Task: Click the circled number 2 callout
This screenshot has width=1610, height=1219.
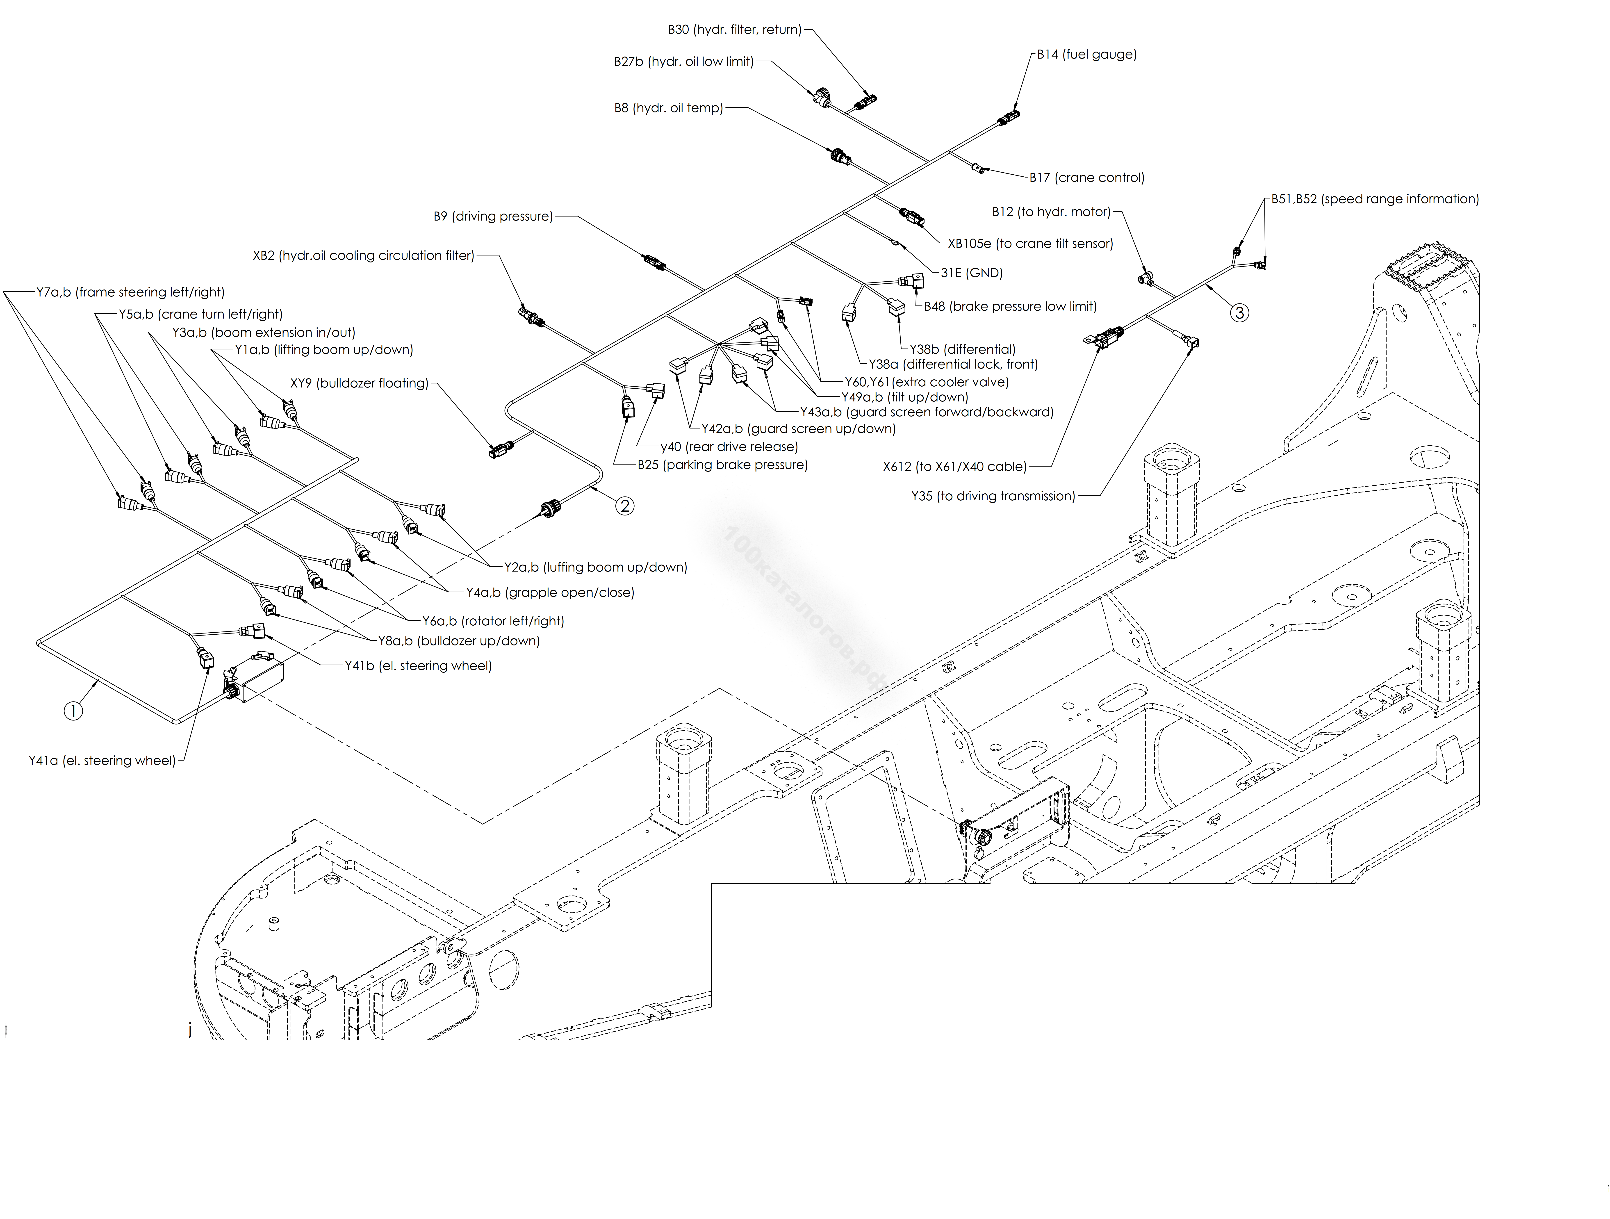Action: [x=624, y=506]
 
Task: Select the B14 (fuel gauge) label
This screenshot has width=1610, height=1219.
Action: [x=1087, y=55]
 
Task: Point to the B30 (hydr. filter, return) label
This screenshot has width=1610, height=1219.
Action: [x=734, y=30]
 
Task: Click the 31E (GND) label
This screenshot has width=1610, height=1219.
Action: [x=972, y=273]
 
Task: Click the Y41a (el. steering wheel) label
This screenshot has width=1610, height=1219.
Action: [x=102, y=761]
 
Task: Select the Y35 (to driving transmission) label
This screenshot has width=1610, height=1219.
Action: [x=993, y=496]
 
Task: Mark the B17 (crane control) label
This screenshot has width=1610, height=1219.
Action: [x=1087, y=178]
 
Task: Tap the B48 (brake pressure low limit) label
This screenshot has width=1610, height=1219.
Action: [x=1010, y=306]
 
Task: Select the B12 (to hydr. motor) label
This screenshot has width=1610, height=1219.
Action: [x=1051, y=212]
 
